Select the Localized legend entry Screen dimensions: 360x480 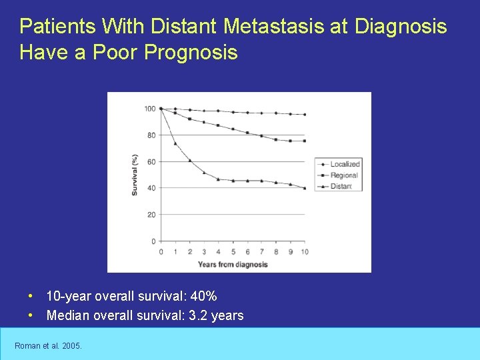[345, 164]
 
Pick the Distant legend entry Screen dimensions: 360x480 [341, 187]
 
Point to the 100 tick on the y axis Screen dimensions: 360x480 [149, 109]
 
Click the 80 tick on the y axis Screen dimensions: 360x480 [151, 135]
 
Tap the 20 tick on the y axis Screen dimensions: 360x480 [151, 215]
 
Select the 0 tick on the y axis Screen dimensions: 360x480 [153, 241]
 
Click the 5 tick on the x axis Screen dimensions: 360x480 [233, 252]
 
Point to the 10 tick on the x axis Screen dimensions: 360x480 [305, 252]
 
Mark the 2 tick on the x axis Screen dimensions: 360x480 [189, 252]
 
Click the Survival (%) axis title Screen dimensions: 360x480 [135, 175]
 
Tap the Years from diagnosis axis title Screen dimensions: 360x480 [233, 264]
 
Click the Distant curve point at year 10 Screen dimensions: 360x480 [305, 188]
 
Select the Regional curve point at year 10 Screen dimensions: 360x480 [305, 141]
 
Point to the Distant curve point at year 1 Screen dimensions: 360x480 [175, 143]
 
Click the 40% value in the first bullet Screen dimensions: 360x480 [205, 296]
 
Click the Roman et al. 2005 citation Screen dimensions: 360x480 [48, 345]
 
